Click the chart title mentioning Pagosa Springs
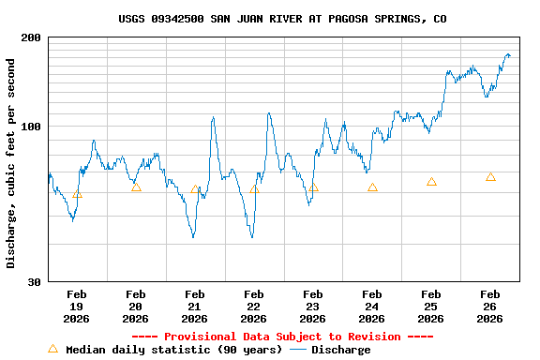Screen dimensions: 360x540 [x=282, y=19]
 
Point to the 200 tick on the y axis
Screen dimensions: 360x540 [x=31, y=37]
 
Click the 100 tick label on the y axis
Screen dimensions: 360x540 [x=31, y=127]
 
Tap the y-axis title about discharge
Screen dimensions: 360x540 [x=11, y=163]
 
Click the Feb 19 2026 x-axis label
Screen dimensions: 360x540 [x=77, y=307]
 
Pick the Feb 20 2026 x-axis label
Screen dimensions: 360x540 [x=136, y=307]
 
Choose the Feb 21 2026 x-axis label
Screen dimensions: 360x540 [x=195, y=307]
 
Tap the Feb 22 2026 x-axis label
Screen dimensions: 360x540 [x=254, y=307]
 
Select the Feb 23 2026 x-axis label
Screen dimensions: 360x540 [x=313, y=307]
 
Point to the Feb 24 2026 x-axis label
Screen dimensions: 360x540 [x=372, y=307]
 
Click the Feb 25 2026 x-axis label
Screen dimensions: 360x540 [x=431, y=307]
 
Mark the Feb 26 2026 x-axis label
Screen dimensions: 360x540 [x=490, y=307]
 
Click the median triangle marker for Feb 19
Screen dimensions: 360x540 [x=77, y=194]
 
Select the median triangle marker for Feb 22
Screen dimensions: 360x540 [x=254, y=188]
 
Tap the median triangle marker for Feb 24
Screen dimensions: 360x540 [x=372, y=187]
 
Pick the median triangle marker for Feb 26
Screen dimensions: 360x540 [x=490, y=177]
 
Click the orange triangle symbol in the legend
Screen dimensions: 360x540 [x=52, y=349]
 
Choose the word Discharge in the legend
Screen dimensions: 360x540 [x=340, y=350]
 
